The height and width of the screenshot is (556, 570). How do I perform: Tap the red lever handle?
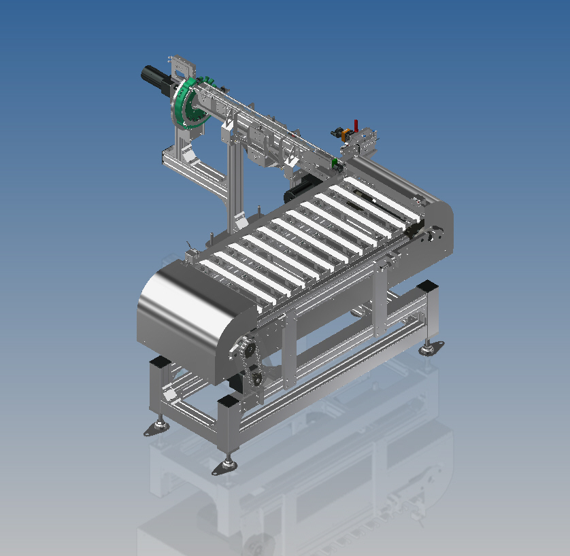(356, 126)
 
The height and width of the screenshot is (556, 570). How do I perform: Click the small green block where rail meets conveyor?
(335, 162)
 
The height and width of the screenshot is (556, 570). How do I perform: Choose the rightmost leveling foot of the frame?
(429, 349)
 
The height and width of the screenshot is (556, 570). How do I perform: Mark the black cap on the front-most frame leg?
(227, 402)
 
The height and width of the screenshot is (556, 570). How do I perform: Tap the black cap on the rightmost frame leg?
(428, 285)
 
